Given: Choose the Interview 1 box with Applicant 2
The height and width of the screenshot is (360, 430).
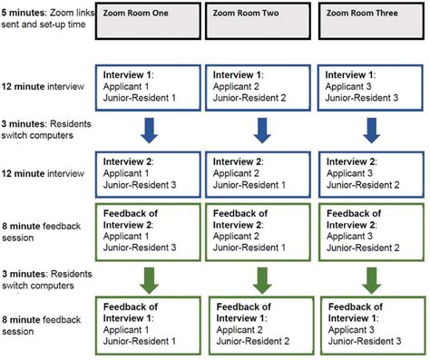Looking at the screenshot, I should [260, 83].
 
